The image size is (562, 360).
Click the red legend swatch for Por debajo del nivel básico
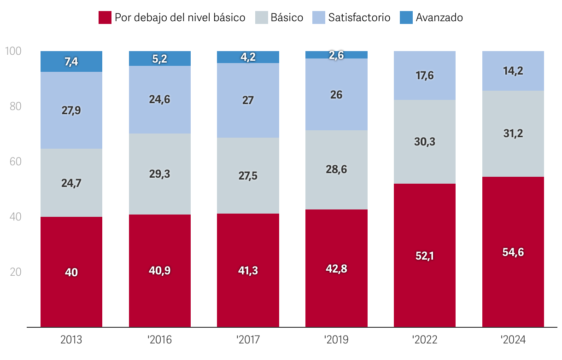coord(105,18)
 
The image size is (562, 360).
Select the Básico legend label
coord(287,18)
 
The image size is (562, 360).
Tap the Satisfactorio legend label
coord(359,18)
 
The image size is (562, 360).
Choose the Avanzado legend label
coord(439,18)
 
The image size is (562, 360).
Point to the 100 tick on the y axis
coord(12,51)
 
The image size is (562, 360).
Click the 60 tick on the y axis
coord(15,162)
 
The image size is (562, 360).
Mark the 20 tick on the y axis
coord(15,272)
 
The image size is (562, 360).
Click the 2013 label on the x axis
coord(71,340)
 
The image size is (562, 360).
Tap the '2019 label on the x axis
coord(336,340)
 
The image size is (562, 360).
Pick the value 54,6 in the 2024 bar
coord(513,252)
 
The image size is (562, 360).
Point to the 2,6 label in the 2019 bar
coord(337,55)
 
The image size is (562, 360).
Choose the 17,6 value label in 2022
coord(425,75)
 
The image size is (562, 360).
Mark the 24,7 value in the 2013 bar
coord(71,183)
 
